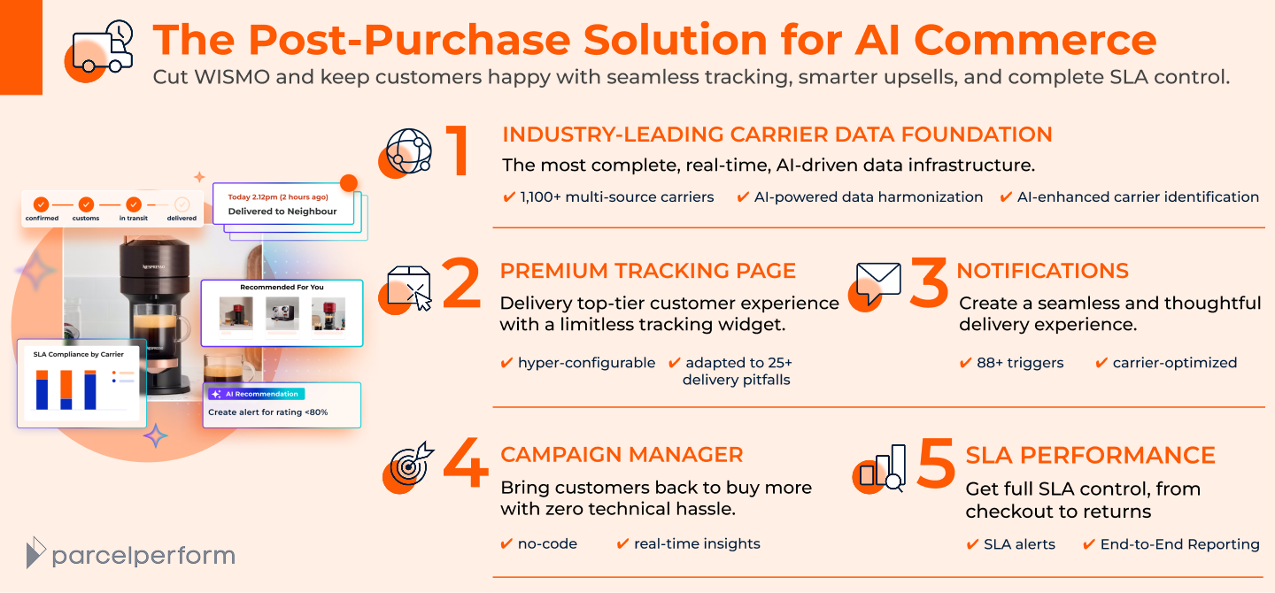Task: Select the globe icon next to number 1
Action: coord(407,152)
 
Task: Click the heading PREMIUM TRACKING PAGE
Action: coord(648,271)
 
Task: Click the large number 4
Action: coord(464,463)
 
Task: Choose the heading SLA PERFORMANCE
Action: coord(1090,455)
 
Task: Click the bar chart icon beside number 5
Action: coord(882,467)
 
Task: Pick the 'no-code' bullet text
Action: coord(547,544)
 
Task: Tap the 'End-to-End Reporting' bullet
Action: coord(1179,544)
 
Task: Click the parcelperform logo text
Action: coord(143,556)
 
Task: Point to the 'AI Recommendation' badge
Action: coord(257,394)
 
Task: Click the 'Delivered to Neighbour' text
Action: coord(282,212)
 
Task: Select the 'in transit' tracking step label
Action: coord(134,218)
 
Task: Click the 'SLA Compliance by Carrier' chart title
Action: coord(79,354)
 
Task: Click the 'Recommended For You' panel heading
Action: coord(282,287)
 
